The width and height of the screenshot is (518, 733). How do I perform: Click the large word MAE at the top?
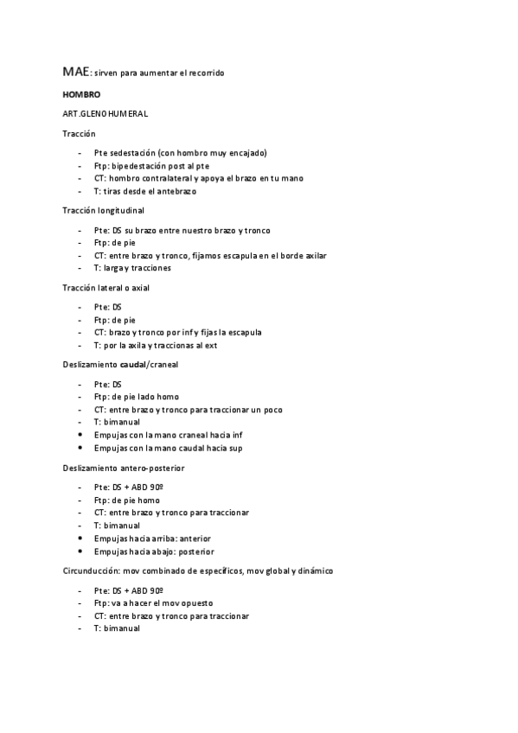[74, 72]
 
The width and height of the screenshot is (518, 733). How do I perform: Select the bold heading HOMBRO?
[81, 94]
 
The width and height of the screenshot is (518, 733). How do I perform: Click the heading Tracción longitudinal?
[103, 210]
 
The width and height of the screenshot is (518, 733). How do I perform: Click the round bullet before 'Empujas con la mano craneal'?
[80, 435]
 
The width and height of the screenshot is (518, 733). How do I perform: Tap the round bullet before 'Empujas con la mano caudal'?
[80, 448]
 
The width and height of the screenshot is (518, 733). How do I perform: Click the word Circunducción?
[89, 570]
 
